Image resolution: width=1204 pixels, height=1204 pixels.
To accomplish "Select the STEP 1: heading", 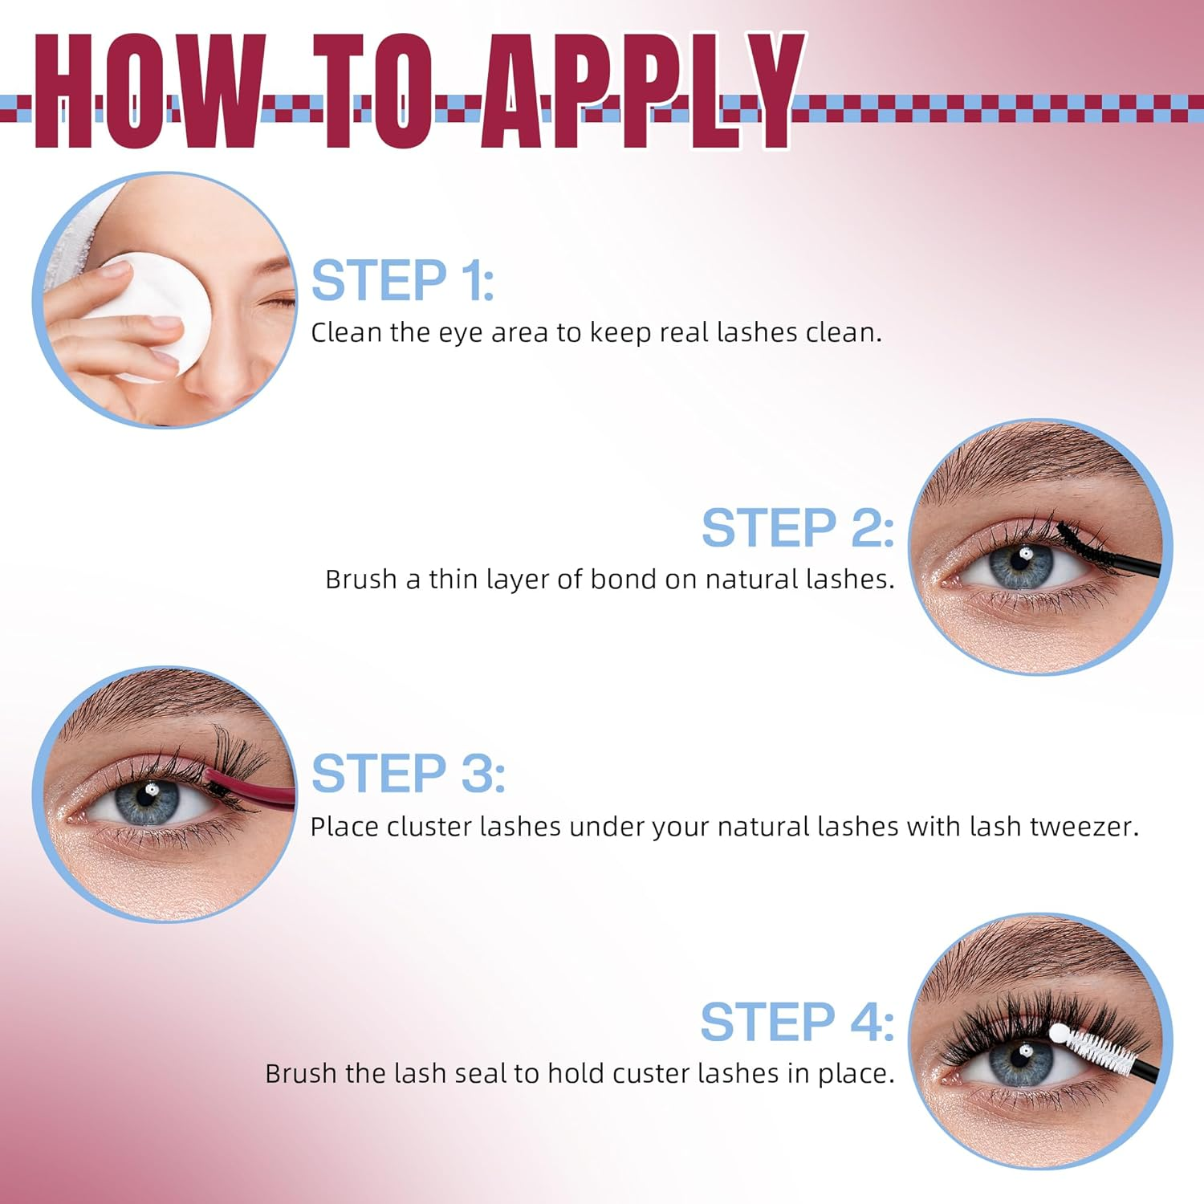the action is coord(402,280).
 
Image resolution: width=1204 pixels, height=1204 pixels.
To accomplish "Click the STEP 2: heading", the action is coord(798,527).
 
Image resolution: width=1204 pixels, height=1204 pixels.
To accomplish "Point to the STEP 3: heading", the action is coord(408,773).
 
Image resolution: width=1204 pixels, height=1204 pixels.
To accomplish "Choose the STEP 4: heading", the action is coord(797,1022).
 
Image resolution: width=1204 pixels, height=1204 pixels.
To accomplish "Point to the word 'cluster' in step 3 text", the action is coord(429,826).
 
